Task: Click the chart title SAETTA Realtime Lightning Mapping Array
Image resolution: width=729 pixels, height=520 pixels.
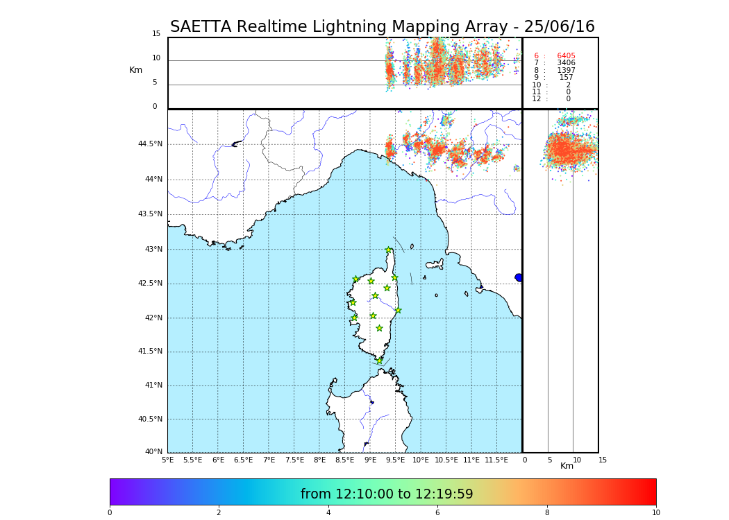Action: pyautogui.click(x=382, y=27)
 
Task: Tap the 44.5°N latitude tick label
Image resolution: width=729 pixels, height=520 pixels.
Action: pyautogui.click(x=150, y=144)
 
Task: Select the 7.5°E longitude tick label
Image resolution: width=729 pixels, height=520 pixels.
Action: pyautogui.click(x=294, y=460)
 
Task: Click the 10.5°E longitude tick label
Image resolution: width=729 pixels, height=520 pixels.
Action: pyautogui.click(x=446, y=460)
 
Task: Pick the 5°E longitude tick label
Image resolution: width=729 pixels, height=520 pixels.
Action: pyautogui.click(x=168, y=460)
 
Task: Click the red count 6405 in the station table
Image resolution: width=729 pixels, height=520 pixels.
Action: pyautogui.click(x=566, y=56)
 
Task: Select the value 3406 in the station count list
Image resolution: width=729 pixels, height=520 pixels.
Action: pyautogui.click(x=566, y=63)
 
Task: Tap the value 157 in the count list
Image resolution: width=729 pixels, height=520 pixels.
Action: pyautogui.click(x=566, y=78)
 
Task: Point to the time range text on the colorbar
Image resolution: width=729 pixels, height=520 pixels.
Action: pyautogui.click(x=387, y=494)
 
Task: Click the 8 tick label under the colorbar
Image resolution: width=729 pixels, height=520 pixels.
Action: pyautogui.click(x=546, y=513)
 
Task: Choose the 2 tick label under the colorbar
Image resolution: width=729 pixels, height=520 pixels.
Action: pyautogui.click(x=219, y=513)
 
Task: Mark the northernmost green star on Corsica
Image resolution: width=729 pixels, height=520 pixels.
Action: pyautogui.click(x=389, y=250)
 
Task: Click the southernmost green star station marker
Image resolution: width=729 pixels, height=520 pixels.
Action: pyautogui.click(x=379, y=361)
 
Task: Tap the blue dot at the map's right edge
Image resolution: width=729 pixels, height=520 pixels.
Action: pyautogui.click(x=519, y=277)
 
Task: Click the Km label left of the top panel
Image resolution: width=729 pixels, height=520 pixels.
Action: pyautogui.click(x=135, y=70)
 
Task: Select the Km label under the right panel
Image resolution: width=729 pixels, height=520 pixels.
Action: pyautogui.click(x=567, y=466)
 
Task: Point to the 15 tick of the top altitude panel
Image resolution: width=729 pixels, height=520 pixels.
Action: pyautogui.click(x=156, y=34)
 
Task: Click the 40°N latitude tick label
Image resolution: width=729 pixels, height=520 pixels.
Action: pyautogui.click(x=153, y=452)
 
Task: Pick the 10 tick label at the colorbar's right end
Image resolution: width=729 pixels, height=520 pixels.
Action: pyautogui.click(x=655, y=513)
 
